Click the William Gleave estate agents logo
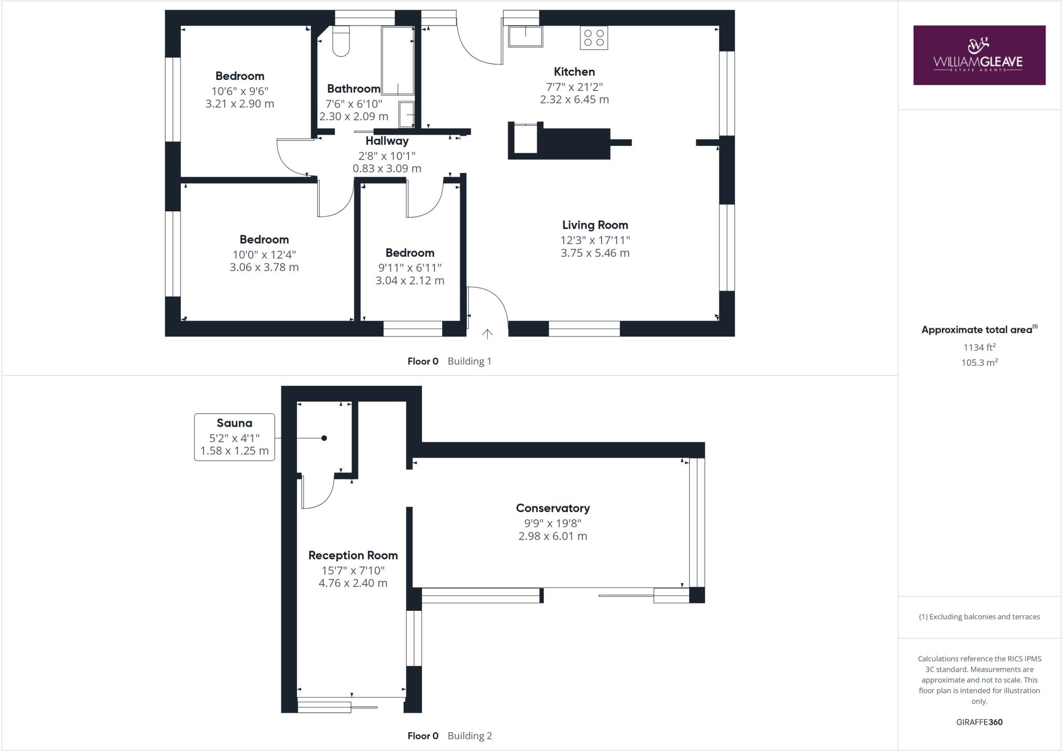pyautogui.click(x=979, y=55)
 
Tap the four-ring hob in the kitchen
pyautogui.click(x=594, y=38)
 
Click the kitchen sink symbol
pyautogui.click(x=525, y=37)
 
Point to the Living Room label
pyautogui.click(x=595, y=225)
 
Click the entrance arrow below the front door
pyautogui.click(x=487, y=334)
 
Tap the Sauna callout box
pyautogui.click(x=235, y=437)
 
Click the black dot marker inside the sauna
pyautogui.click(x=324, y=438)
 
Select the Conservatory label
pyautogui.click(x=552, y=508)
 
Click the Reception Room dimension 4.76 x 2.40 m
pyautogui.click(x=353, y=583)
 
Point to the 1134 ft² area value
pyautogui.click(x=979, y=347)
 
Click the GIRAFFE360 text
pyautogui.click(x=979, y=722)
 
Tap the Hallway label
pyautogui.click(x=387, y=141)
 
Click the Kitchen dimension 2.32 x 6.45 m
pyautogui.click(x=574, y=99)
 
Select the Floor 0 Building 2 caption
pyautogui.click(x=449, y=735)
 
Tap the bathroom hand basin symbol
pyautogui.click(x=406, y=114)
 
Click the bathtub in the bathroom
pyautogui.click(x=398, y=60)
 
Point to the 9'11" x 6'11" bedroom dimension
pyautogui.click(x=410, y=267)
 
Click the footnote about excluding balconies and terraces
pyautogui.click(x=979, y=616)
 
